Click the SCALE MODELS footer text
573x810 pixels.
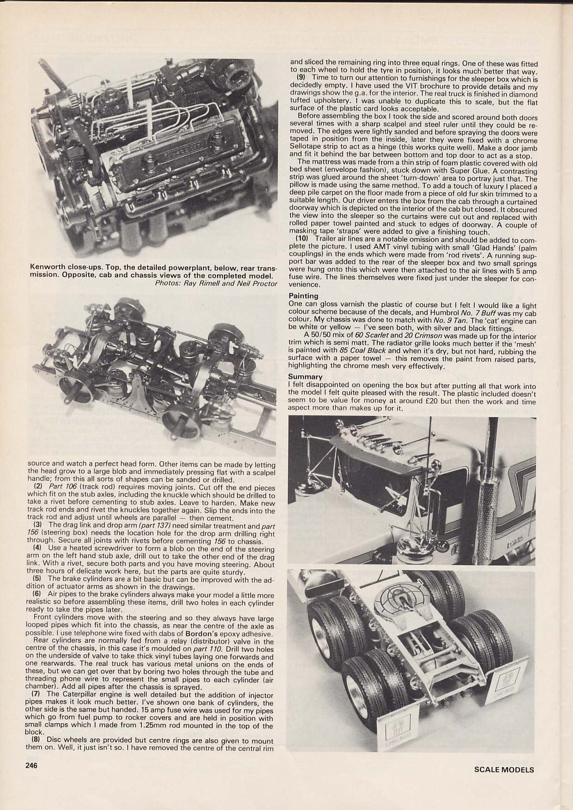pyautogui.click(x=504, y=770)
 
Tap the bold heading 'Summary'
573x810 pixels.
pyautogui.click(x=306, y=377)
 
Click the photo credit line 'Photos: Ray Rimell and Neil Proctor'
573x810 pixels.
pyautogui.click(x=216, y=283)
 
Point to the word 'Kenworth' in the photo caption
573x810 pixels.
pyautogui.click(x=46, y=269)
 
